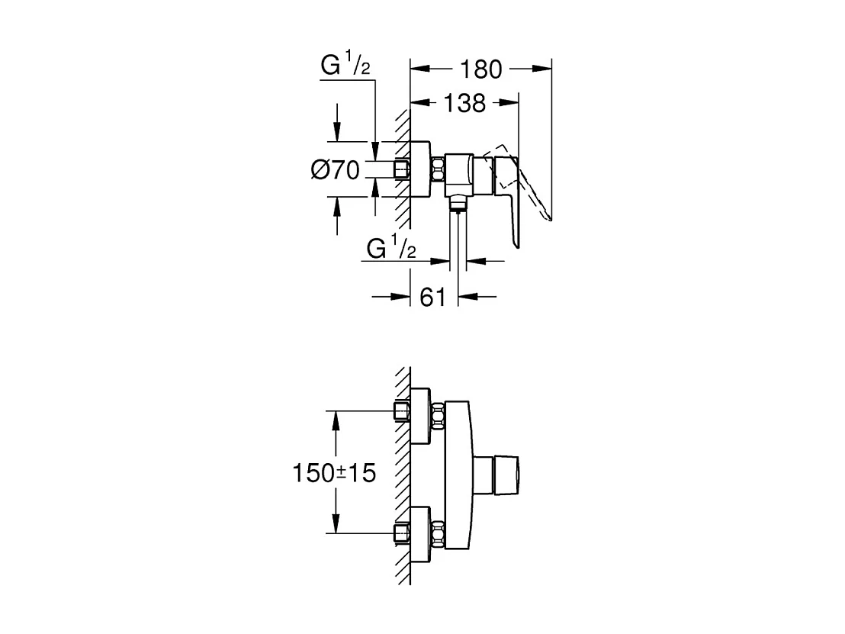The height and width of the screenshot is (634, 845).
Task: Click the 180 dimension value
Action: [480, 69]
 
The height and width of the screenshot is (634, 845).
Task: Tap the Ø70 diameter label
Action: [335, 170]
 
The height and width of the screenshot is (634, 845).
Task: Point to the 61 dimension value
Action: [432, 297]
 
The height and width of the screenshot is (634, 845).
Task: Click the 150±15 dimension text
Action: [335, 473]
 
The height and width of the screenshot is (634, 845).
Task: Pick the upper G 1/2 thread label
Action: [345, 67]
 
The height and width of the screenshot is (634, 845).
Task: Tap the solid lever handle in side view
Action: [507, 191]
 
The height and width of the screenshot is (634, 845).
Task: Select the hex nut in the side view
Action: [438, 169]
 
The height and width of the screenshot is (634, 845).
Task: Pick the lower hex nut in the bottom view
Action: [438, 532]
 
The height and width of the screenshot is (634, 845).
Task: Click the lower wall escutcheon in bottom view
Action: [420, 532]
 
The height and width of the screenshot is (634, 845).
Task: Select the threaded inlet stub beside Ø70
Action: [402, 169]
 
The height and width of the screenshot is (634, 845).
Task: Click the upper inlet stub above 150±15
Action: [402, 413]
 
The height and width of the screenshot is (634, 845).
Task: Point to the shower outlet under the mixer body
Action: [458, 201]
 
